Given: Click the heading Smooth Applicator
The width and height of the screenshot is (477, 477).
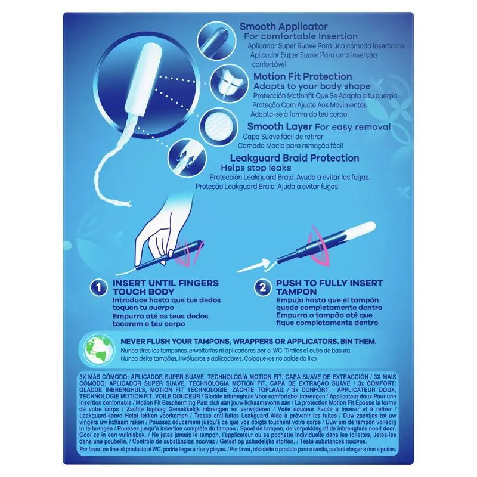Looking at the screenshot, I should [x=283, y=27].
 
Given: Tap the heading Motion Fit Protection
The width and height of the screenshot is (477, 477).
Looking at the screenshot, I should [x=303, y=76].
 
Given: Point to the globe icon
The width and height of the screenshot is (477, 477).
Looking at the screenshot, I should [x=98, y=349].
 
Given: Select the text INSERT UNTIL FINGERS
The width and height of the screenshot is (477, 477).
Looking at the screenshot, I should [x=165, y=283].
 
